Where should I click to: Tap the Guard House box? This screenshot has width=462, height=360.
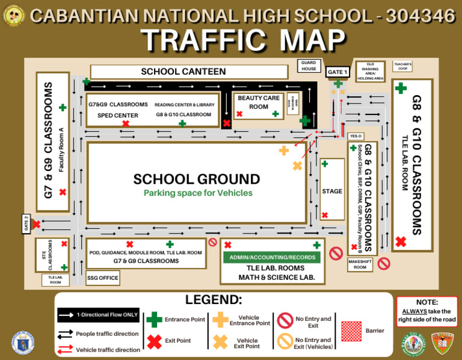309,66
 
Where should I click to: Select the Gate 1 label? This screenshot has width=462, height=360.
337,72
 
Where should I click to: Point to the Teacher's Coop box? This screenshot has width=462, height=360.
402,66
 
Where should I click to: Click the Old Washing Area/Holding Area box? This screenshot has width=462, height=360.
370,71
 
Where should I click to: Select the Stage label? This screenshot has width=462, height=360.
332,191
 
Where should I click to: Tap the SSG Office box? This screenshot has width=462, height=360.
102,278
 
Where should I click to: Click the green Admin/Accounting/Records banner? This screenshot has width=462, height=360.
273,257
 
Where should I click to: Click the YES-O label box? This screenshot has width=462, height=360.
356,136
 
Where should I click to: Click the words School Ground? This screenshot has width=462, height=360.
197,179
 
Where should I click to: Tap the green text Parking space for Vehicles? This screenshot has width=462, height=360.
198,193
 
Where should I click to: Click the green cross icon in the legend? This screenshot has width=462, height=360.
155,319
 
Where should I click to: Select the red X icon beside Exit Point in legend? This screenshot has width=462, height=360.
155,341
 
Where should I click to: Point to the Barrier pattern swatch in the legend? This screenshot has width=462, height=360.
351,331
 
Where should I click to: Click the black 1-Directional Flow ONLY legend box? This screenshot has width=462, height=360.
99,315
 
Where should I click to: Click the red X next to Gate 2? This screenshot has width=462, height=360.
36,225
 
